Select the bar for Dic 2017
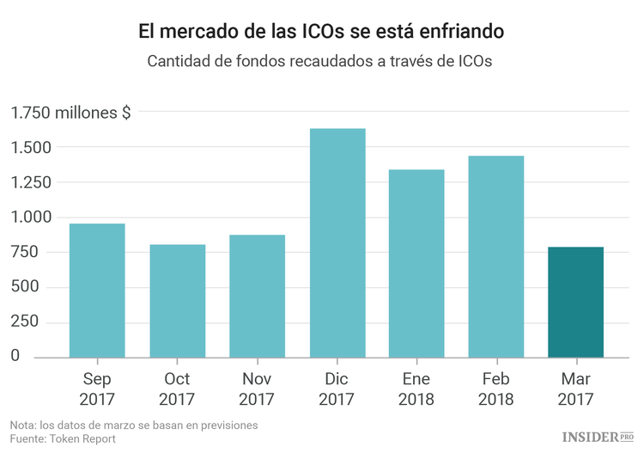(x=337, y=242)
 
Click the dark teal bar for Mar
(x=575, y=302)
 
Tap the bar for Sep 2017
(x=97, y=290)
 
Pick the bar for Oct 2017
(x=178, y=300)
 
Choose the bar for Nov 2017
(x=258, y=296)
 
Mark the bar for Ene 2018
(x=416, y=263)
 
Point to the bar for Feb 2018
(x=496, y=256)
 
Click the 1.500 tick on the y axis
(x=32, y=148)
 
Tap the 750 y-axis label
(x=25, y=252)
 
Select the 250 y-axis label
(x=25, y=321)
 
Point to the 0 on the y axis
(x=15, y=356)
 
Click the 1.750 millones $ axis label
(x=70, y=113)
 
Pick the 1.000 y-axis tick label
(x=32, y=217)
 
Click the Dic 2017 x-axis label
(x=337, y=389)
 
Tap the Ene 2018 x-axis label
(x=416, y=389)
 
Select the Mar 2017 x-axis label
(x=575, y=389)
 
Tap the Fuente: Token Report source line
(x=63, y=438)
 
